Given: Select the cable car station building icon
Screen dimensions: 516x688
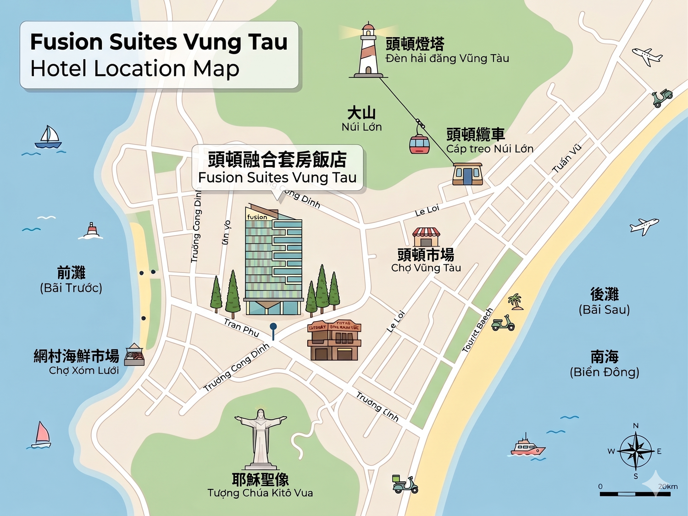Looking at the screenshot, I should (467, 174).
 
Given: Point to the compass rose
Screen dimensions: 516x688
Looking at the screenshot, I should (635, 451).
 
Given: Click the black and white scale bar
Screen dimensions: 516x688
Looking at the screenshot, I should (635, 494).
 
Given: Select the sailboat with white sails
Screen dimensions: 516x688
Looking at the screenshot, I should (49, 137).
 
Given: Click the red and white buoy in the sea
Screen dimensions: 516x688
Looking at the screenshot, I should (92, 231).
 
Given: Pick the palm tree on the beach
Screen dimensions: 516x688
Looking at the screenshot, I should (516, 302).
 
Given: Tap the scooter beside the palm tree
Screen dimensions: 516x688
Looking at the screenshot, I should (503, 323).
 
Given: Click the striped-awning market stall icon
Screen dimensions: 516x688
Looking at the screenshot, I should (426, 237).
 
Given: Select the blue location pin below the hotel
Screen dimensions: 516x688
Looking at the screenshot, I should (273, 328).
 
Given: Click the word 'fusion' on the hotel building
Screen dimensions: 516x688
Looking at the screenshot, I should (257, 217).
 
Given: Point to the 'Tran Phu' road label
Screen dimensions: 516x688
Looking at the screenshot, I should (241, 327).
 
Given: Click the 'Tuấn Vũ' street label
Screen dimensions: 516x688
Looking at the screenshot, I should (567, 158).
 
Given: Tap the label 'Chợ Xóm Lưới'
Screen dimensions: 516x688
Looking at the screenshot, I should (84, 371).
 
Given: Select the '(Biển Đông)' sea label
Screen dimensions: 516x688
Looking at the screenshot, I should (604, 372).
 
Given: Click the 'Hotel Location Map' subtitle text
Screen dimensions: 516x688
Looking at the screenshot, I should (135, 69).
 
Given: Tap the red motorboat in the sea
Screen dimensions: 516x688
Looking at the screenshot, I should (527, 447).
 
